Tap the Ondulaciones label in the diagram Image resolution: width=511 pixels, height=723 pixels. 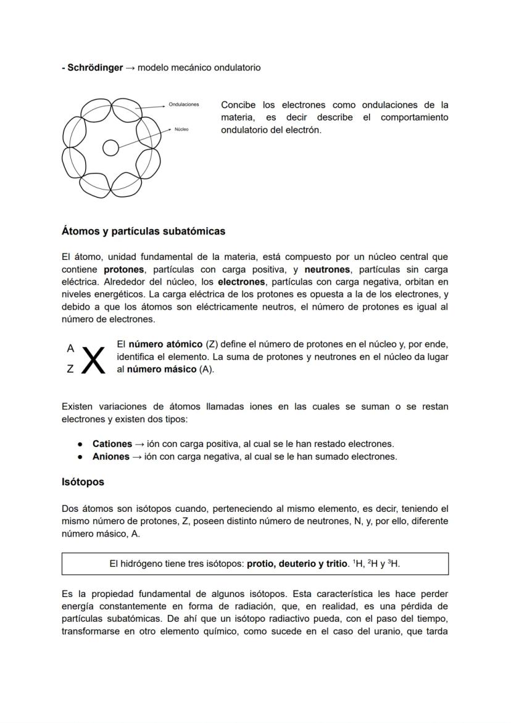pyautogui.click(x=184, y=104)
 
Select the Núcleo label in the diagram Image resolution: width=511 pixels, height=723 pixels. pyautogui.click(x=181, y=130)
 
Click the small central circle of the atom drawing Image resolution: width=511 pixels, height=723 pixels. pyautogui.click(x=110, y=148)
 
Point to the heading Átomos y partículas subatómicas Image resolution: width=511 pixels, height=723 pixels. pyautogui.click(x=143, y=232)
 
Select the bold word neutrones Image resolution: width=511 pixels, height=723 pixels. pyautogui.click(x=327, y=269)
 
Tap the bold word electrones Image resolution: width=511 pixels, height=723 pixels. pyautogui.click(x=241, y=282)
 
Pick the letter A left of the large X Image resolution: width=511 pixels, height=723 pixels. pyautogui.click(x=70, y=348)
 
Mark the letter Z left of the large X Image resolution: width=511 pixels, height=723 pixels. pyautogui.click(x=70, y=369)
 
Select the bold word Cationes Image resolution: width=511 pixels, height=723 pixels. pyautogui.click(x=112, y=444)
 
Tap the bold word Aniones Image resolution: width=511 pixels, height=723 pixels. pyautogui.click(x=110, y=457)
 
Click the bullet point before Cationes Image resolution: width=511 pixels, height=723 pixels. pyautogui.click(x=81, y=444)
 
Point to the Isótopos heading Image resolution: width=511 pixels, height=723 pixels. pyautogui.click(x=83, y=482)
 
